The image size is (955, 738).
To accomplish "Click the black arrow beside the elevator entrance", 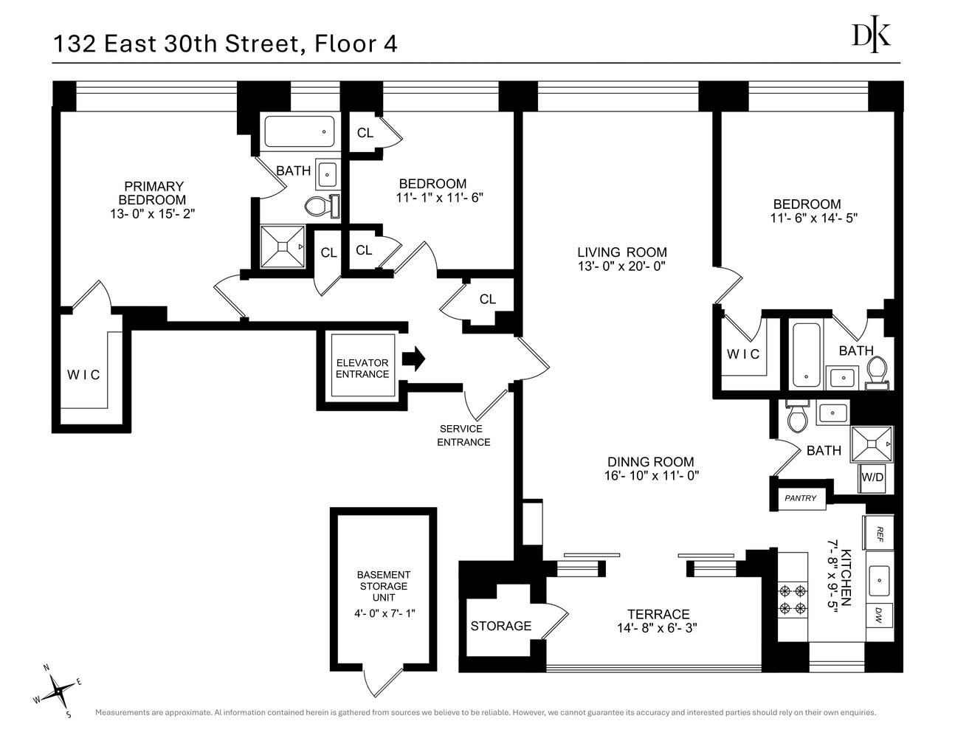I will pyautogui.click(x=414, y=359).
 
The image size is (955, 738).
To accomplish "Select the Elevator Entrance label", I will pyautogui.click(x=362, y=368).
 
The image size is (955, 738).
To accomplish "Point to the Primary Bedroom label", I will pyautogui.click(x=153, y=193).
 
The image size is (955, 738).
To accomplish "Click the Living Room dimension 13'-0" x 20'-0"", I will pyautogui.click(x=621, y=266).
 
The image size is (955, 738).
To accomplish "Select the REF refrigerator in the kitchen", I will pyautogui.click(x=878, y=532).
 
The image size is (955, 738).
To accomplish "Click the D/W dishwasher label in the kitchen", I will pyautogui.click(x=878, y=614).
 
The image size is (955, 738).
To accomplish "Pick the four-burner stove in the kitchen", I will pyautogui.click(x=793, y=599).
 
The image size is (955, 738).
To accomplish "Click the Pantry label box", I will pyautogui.click(x=800, y=498).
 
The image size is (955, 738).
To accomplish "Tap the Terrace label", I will pyautogui.click(x=658, y=614).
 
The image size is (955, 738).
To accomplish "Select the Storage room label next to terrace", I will pyautogui.click(x=500, y=626).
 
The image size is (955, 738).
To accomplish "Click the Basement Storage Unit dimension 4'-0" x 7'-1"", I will pyautogui.click(x=384, y=613).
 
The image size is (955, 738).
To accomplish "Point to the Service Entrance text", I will pyautogui.click(x=463, y=435).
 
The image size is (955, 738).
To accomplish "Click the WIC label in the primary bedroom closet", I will pyautogui.click(x=83, y=375).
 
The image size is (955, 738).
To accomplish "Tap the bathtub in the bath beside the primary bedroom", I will pyautogui.click(x=298, y=133).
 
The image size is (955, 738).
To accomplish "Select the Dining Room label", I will pyautogui.click(x=649, y=462).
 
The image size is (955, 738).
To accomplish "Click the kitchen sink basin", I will pyautogui.click(x=878, y=579).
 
